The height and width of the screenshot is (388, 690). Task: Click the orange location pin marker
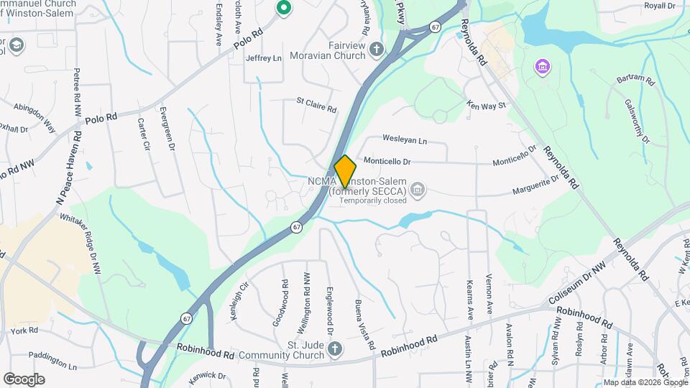[345, 172]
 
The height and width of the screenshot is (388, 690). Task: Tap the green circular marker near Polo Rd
[283, 9]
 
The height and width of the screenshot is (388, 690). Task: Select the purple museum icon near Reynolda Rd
[542, 68]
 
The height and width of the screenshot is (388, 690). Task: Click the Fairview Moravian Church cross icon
[377, 49]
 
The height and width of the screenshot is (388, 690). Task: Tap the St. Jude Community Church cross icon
[333, 349]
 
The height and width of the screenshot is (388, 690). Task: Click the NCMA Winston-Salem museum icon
[418, 190]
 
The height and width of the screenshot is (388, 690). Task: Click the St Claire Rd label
[316, 106]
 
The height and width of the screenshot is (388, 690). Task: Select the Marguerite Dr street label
[535, 185]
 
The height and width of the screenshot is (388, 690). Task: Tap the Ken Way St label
[487, 105]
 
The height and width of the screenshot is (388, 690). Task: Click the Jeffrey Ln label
[263, 58]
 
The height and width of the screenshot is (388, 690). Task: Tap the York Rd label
[24, 331]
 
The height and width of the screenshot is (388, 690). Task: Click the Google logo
[24, 379]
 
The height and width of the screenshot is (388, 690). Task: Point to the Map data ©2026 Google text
[645, 382]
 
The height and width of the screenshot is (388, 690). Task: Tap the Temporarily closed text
[372, 201]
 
